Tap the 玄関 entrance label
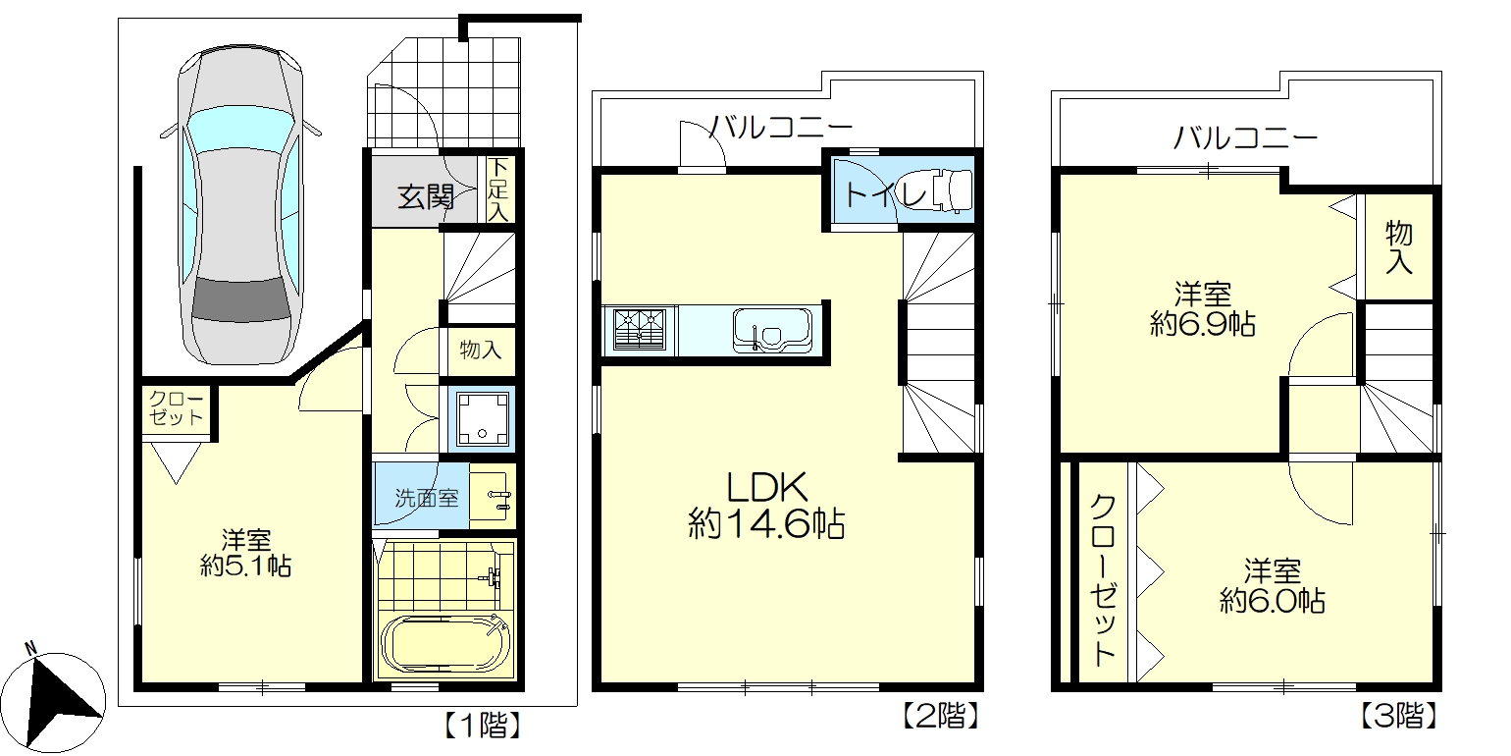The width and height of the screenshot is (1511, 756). coord(425,198)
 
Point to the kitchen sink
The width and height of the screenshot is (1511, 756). coord(770,329)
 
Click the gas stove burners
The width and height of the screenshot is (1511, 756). coord(639,329)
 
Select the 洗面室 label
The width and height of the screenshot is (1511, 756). coord(426,498)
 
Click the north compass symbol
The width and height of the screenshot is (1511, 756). coord(61,696)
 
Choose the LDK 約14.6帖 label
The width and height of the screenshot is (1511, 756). coord(765,506)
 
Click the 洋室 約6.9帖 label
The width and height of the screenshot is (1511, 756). coord(1202,309)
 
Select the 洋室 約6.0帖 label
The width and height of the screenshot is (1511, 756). coord(1273,585)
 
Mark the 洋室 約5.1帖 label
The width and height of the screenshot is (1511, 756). coord(245,553)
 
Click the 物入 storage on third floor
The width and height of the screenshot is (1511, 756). coord(1399,247)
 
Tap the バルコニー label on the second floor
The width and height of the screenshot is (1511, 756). coord(781,128)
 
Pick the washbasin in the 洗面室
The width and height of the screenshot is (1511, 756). coord(493,497)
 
